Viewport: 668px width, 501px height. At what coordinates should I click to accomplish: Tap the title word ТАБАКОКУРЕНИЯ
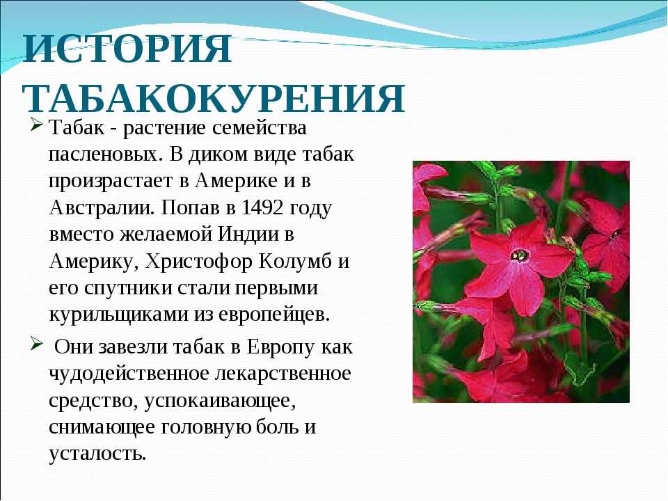click(214, 98)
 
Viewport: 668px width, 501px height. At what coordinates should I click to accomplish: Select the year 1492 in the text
click(262, 207)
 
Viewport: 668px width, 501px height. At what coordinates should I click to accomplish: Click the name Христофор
click(198, 262)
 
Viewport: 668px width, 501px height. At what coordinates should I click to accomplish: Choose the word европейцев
click(274, 315)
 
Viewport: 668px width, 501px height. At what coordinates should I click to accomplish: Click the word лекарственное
click(283, 374)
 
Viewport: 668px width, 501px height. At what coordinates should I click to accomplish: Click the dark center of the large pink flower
click(520, 255)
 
